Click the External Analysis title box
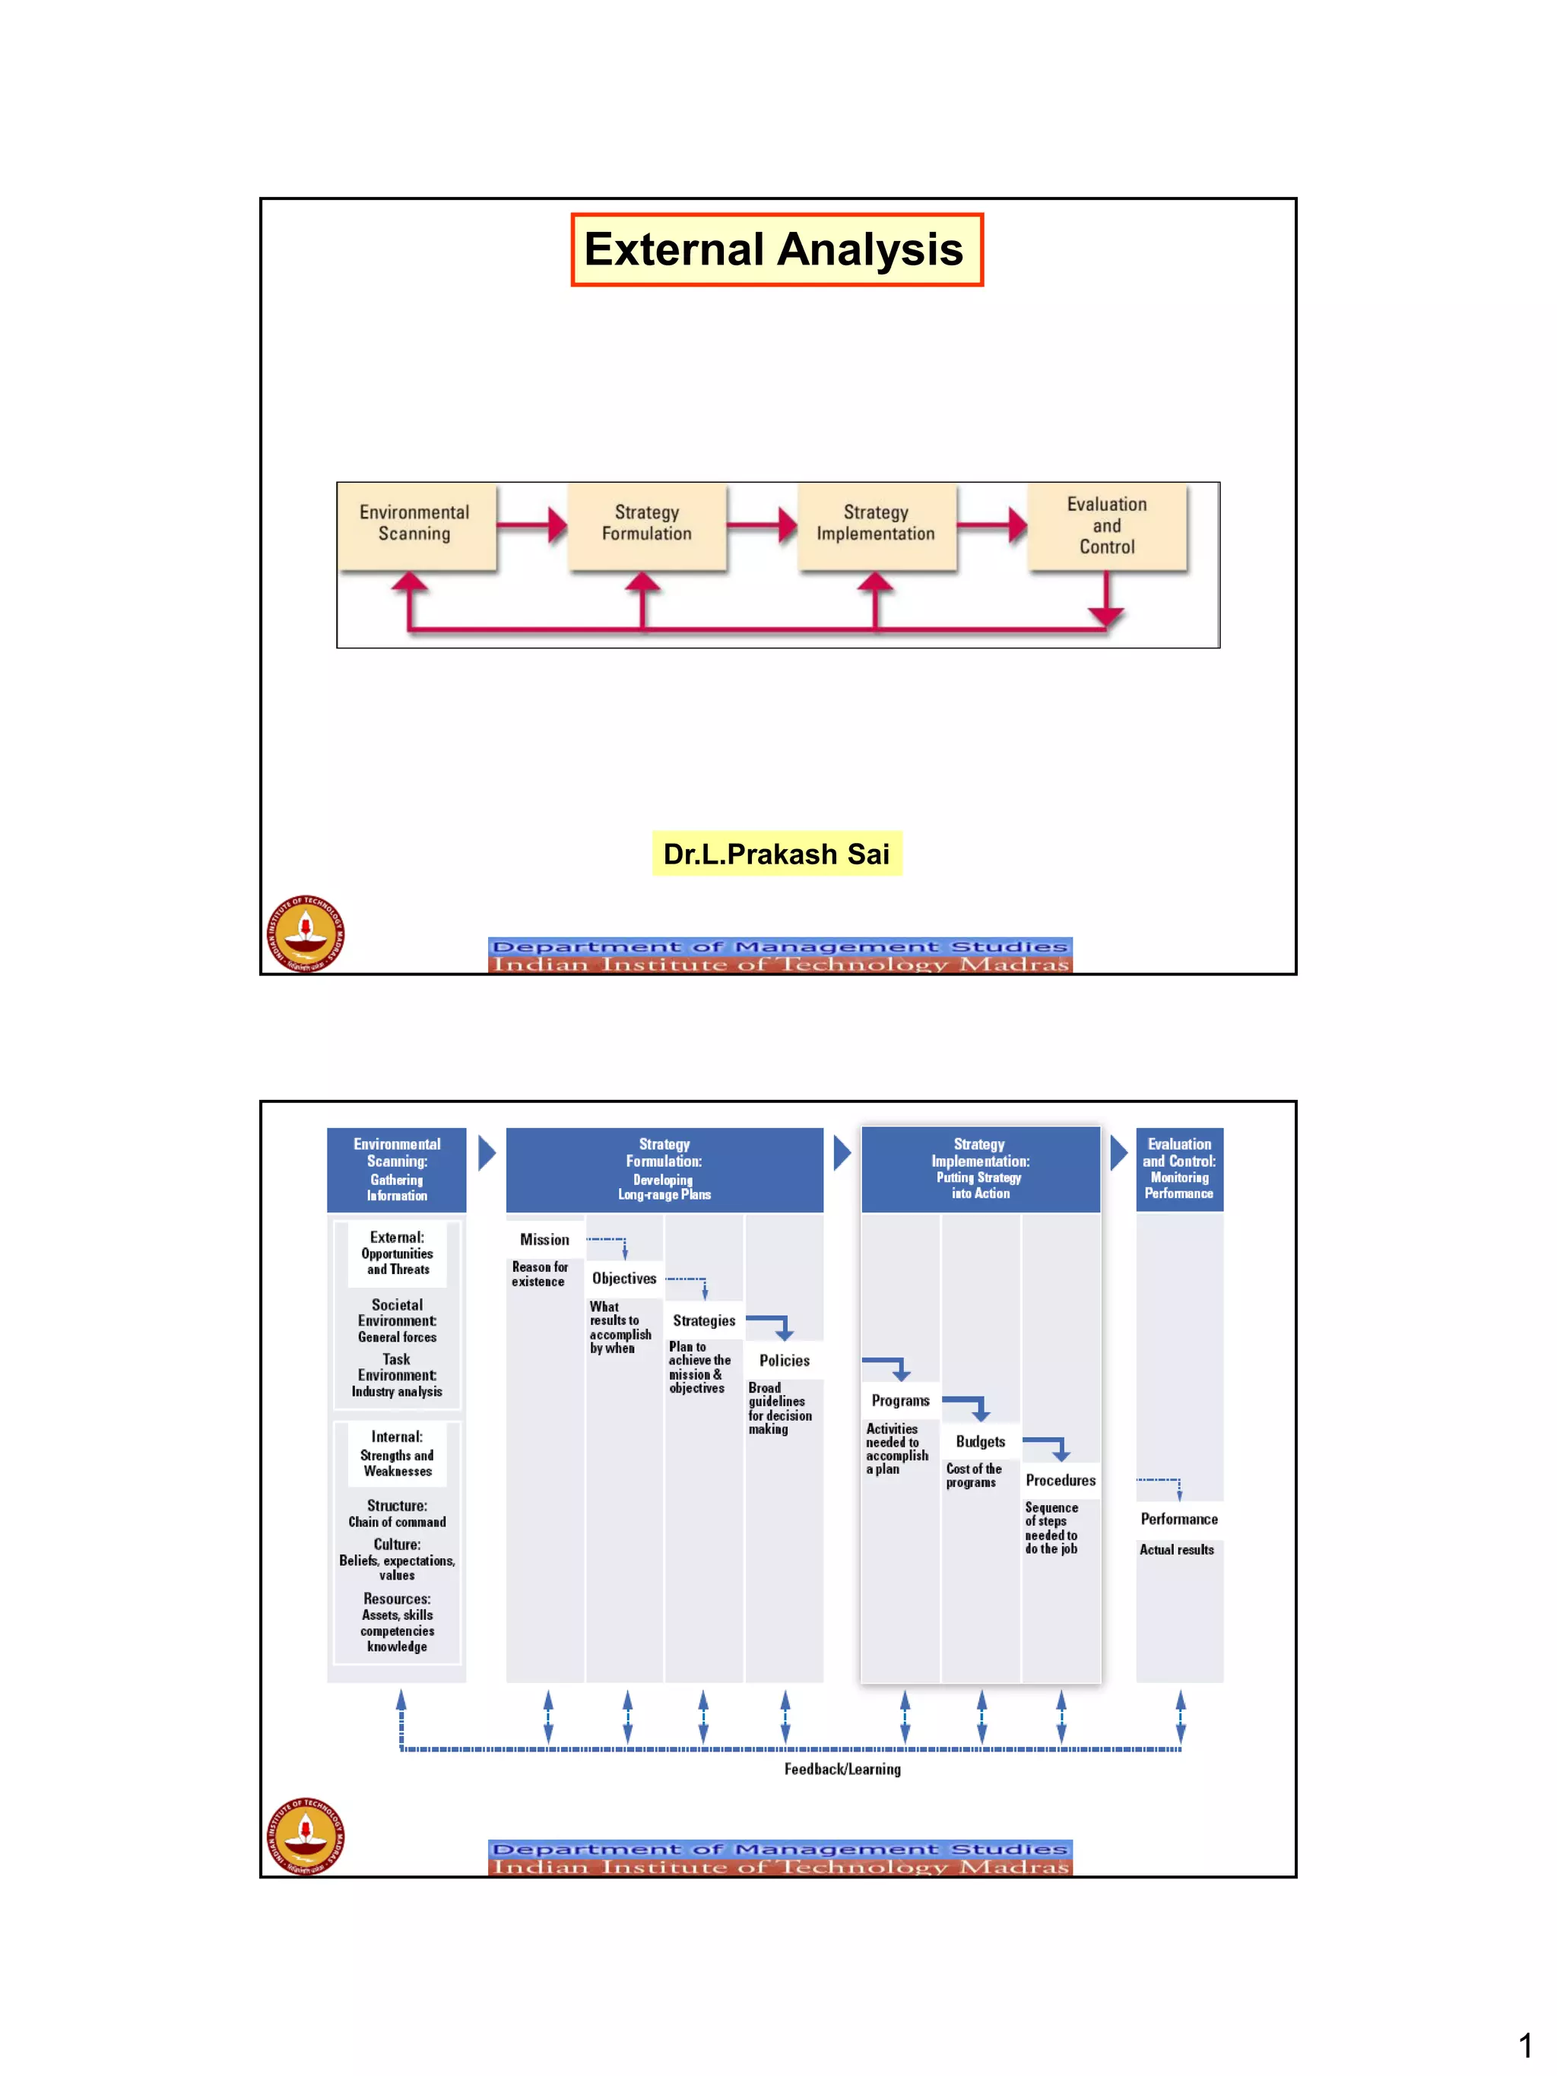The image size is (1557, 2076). [776, 249]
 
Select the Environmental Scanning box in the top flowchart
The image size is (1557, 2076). [416, 525]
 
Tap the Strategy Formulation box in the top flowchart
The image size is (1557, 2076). [647, 525]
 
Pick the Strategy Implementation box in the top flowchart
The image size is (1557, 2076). [876, 525]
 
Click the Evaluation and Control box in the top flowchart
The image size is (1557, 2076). [1106, 525]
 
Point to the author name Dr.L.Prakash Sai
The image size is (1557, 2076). [776, 854]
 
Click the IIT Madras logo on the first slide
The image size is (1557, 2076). [305, 933]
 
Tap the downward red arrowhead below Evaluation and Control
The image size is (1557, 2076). [1106, 616]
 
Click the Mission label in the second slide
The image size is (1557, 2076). [544, 1240]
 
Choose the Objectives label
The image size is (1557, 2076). [624, 1279]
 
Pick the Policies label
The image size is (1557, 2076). [785, 1361]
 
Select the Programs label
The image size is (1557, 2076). [900, 1400]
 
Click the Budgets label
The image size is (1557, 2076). [980, 1441]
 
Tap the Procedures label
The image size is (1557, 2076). [1061, 1480]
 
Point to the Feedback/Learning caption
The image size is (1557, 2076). [842, 1769]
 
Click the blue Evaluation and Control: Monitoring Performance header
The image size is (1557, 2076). [1179, 1168]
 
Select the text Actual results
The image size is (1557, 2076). [1176, 1549]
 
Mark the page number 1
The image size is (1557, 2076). [1525, 2045]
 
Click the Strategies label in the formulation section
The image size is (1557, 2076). [704, 1320]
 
